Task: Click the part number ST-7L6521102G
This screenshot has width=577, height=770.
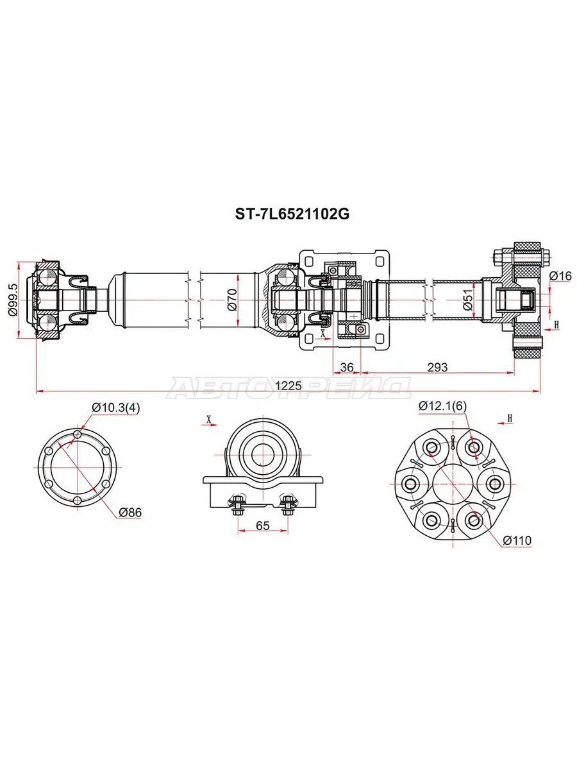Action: [x=292, y=214]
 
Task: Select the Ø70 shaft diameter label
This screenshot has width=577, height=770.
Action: [x=232, y=299]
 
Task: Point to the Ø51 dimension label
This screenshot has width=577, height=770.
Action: [x=468, y=299]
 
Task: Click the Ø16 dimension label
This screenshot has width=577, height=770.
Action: [x=560, y=276]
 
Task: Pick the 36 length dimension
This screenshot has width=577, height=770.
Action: [x=347, y=367]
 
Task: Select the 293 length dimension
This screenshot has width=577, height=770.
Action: [x=437, y=367]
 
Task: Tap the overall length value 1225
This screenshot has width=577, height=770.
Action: [x=288, y=386]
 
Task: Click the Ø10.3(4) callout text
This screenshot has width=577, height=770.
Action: [x=116, y=407]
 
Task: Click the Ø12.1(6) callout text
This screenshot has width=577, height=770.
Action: [x=442, y=406]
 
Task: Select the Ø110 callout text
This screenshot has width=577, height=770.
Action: [x=517, y=540]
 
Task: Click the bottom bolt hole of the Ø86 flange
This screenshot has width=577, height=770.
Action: [x=78, y=500]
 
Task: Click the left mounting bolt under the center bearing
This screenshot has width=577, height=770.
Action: [x=238, y=505]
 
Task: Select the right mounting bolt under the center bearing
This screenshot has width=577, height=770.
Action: [x=288, y=505]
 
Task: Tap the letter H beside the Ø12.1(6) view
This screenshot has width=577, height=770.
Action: [x=510, y=418]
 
